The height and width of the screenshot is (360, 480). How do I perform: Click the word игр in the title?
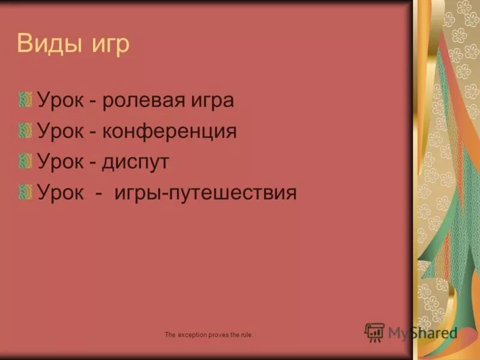click(110, 46)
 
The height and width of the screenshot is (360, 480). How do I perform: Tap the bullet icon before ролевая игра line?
click(25, 99)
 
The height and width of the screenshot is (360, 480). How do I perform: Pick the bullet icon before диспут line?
click(25, 161)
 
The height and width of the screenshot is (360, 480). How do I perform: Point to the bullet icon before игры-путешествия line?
click(25, 192)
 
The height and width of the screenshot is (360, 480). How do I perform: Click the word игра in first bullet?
click(210, 100)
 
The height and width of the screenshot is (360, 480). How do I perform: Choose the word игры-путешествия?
click(203, 193)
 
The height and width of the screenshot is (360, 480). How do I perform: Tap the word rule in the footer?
click(245, 334)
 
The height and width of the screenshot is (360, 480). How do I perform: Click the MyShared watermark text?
click(422, 333)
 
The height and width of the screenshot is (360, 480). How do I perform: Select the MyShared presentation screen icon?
click(374, 332)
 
